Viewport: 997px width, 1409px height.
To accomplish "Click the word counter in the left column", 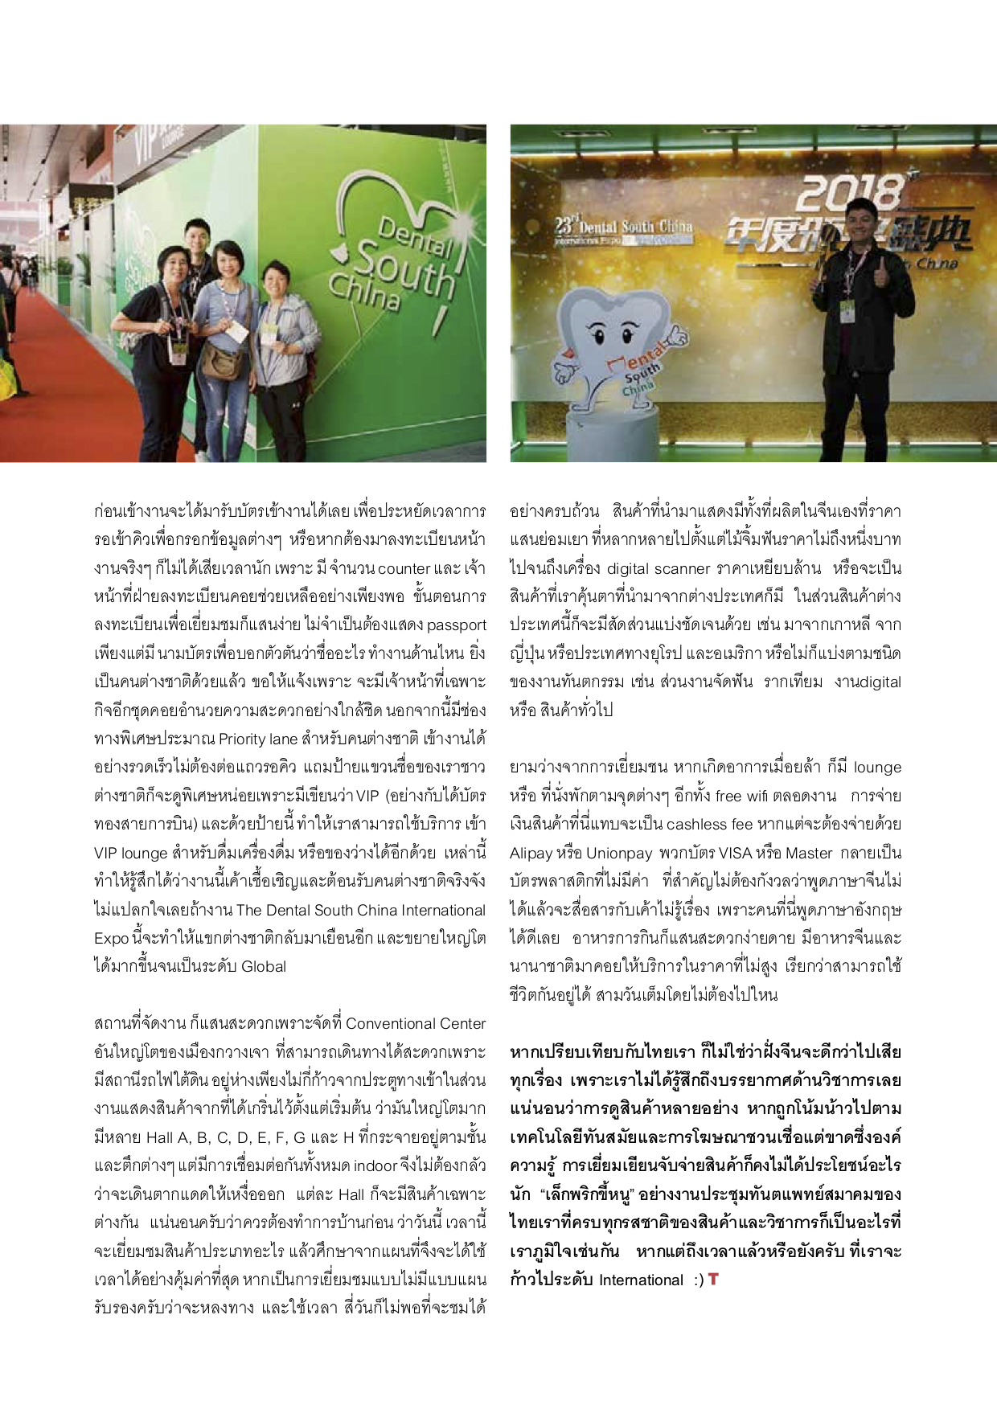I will (x=404, y=568).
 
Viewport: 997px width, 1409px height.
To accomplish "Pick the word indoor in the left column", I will (x=375, y=1166).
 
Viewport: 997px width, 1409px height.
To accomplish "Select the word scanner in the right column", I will (x=681, y=568).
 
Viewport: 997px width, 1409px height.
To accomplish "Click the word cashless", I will (x=697, y=825).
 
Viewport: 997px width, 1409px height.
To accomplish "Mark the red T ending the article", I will (x=713, y=1279).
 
